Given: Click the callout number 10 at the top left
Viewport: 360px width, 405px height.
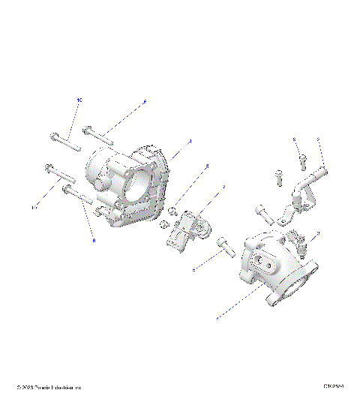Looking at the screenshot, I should pyautogui.click(x=78, y=99).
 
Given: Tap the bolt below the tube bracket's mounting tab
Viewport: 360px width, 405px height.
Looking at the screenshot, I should pyautogui.click(x=263, y=212).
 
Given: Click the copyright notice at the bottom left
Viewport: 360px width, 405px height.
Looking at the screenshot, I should pyautogui.click(x=48, y=388).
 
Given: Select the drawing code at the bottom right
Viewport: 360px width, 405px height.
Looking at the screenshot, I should pyautogui.click(x=334, y=387).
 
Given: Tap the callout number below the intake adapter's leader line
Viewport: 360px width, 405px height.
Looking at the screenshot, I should pyautogui.click(x=217, y=319).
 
